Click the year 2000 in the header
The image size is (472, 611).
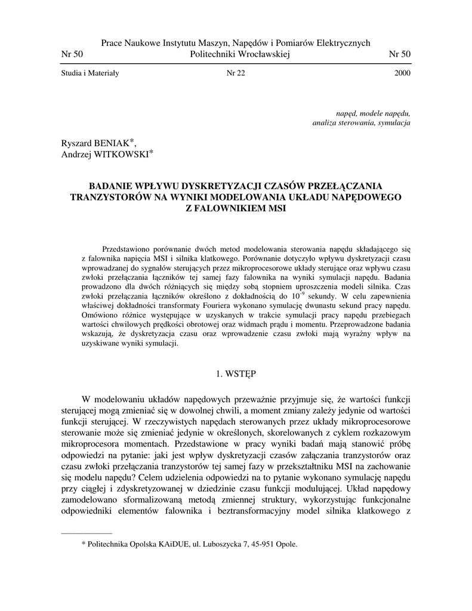[x=402, y=73]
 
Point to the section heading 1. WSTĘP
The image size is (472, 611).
[x=236, y=374]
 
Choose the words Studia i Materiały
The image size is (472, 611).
[x=90, y=73]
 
